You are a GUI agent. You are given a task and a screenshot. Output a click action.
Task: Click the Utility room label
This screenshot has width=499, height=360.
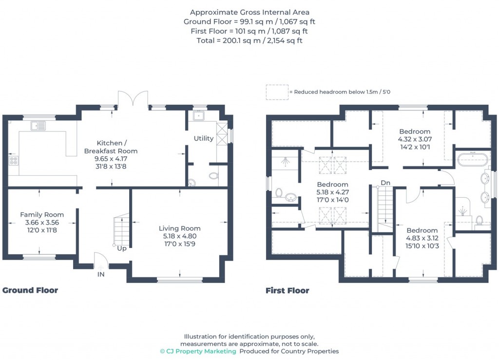pyautogui.click(x=204, y=138)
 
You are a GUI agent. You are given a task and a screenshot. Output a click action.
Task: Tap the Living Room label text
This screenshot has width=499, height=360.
pyautogui.click(x=179, y=228)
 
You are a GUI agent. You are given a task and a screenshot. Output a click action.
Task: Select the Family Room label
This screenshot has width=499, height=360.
pyautogui.click(x=42, y=215)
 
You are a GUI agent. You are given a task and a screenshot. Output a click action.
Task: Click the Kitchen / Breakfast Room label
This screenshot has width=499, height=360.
pyautogui.click(x=111, y=147)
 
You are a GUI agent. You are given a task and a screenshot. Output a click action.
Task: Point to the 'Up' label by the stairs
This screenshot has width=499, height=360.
pyautogui.click(x=122, y=248)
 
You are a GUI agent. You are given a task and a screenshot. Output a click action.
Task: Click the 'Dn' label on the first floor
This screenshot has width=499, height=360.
pyautogui.click(x=385, y=183)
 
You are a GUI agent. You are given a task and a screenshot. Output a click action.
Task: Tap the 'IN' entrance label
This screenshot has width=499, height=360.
pyautogui.click(x=101, y=274)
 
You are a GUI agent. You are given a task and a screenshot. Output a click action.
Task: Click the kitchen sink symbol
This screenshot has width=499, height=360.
pyautogui.click(x=38, y=126)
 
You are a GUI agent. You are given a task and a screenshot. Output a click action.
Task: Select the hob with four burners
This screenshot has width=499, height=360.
pyautogui.click(x=13, y=161)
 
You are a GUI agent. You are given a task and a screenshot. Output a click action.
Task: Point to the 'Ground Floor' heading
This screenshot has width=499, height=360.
pyautogui.click(x=30, y=290)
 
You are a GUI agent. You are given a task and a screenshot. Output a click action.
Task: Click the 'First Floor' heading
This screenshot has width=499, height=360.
pyautogui.click(x=288, y=291)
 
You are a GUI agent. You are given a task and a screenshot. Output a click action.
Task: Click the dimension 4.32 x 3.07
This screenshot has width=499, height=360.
pyautogui.click(x=415, y=139)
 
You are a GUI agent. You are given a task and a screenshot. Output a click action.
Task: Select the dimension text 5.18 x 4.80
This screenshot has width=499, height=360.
pyautogui.click(x=180, y=236)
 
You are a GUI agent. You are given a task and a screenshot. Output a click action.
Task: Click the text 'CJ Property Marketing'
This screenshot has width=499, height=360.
pyautogui.click(x=201, y=351)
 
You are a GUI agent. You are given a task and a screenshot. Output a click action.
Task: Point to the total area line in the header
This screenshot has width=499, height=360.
pyautogui.click(x=249, y=41)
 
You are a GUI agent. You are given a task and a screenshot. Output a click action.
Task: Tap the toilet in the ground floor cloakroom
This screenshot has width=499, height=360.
pyautogui.click(x=213, y=175)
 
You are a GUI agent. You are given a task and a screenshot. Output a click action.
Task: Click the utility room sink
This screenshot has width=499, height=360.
pyautogui.click(x=199, y=115)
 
